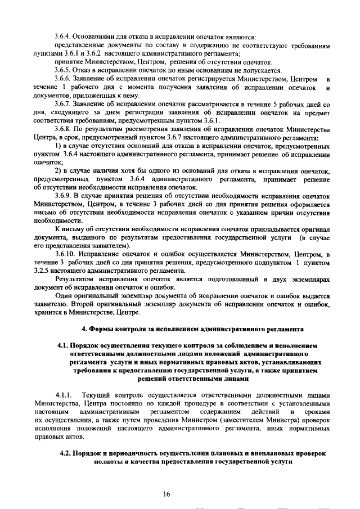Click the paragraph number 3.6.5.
coord(64,70)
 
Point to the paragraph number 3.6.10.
coord(65,255)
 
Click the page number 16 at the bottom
coord(166,494)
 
